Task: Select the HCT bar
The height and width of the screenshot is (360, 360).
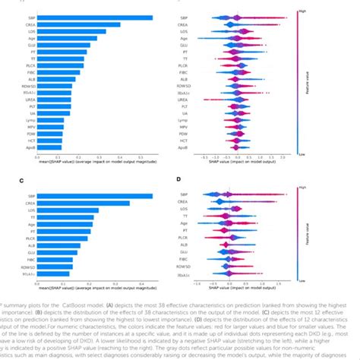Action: click(x=55, y=141)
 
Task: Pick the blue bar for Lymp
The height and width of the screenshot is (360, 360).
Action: click(x=56, y=120)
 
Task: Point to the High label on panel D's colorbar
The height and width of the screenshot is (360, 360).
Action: click(x=302, y=187)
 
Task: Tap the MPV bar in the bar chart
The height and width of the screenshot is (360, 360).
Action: click(x=55, y=127)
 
